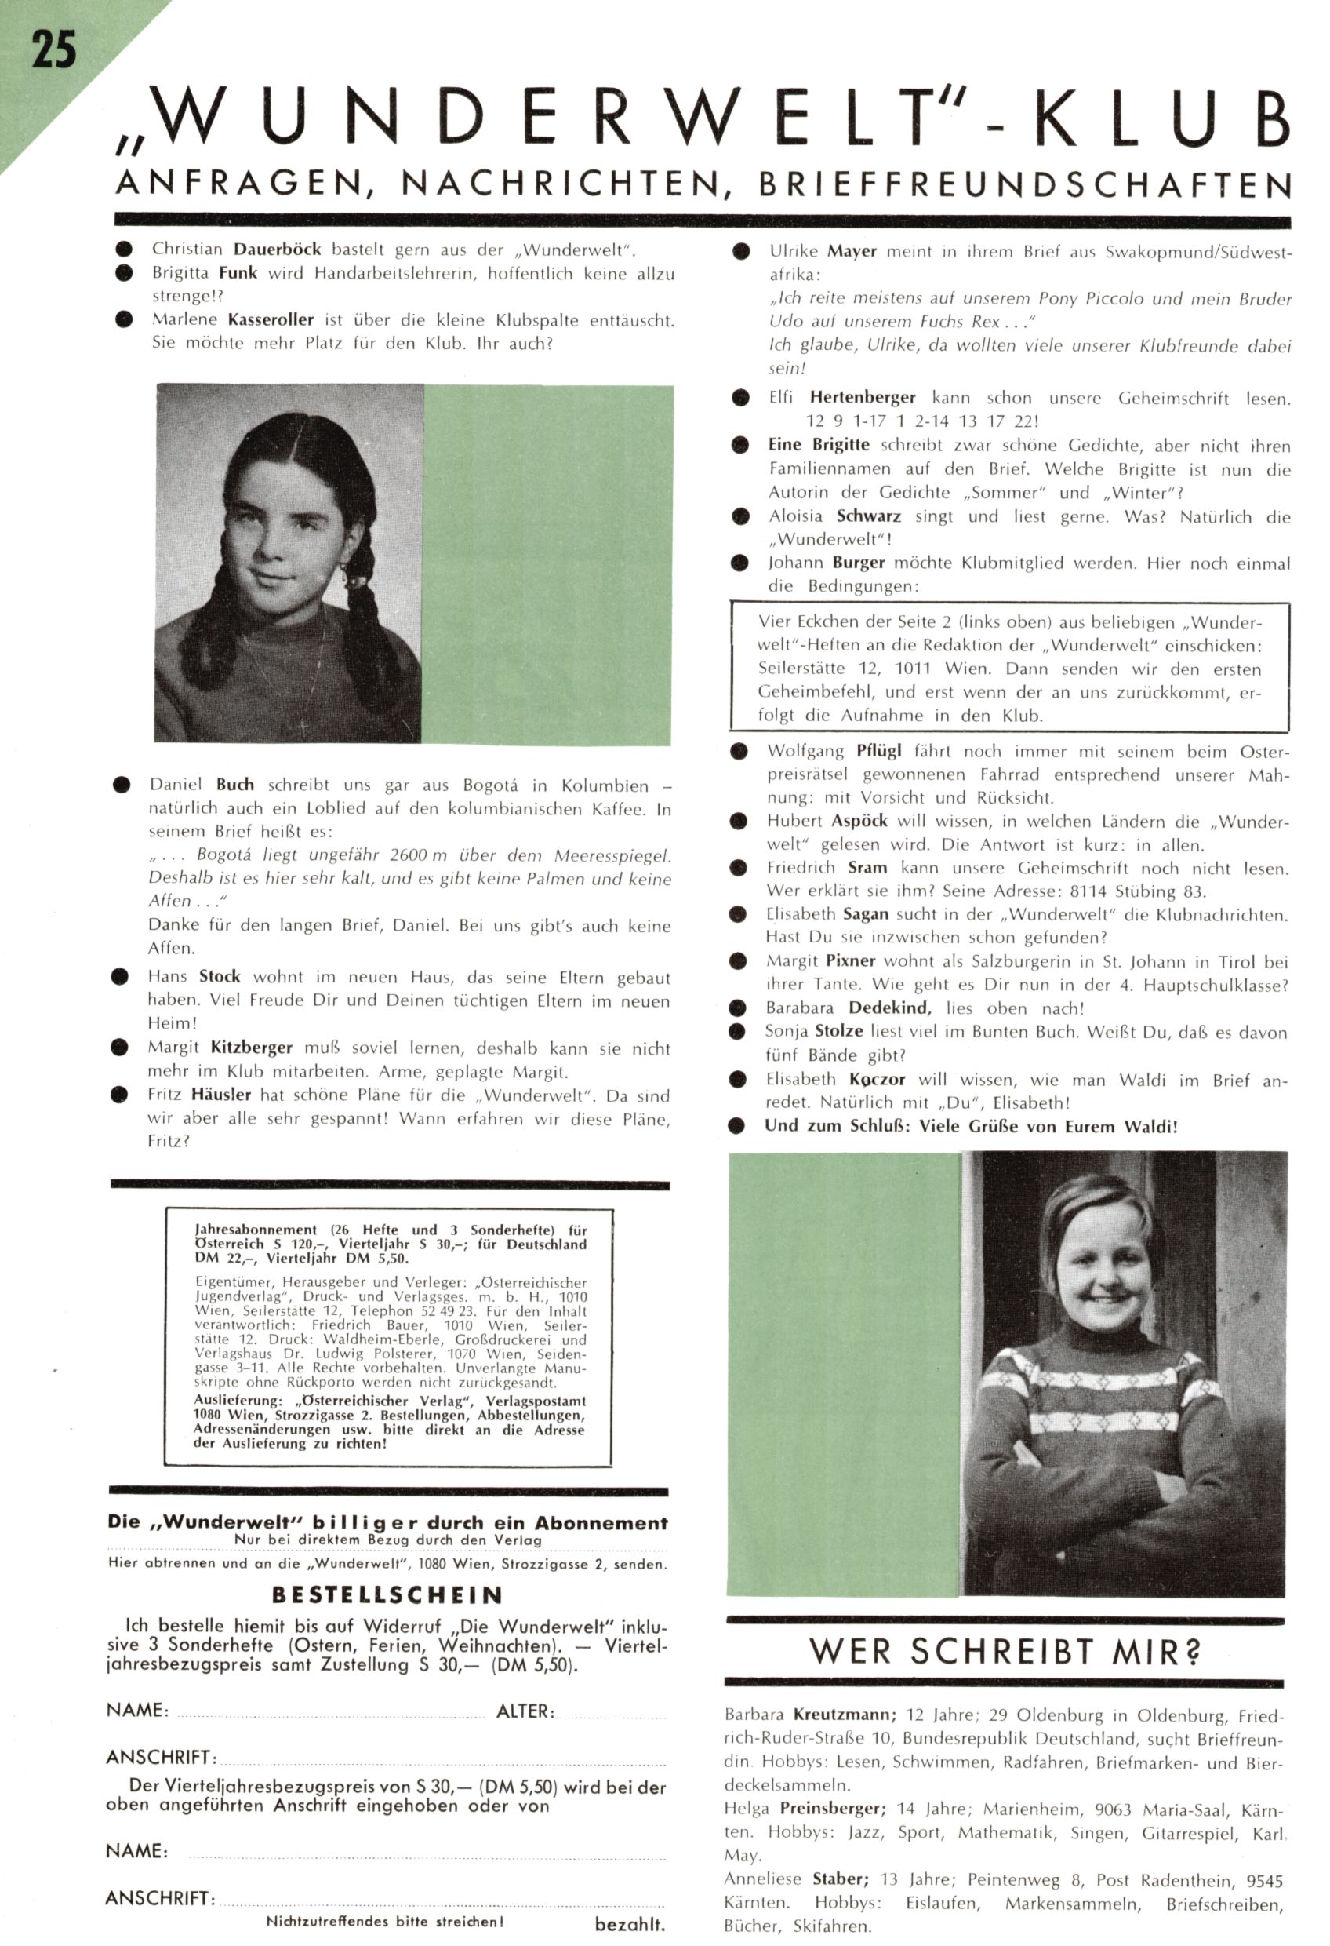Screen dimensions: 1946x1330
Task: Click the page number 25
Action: pos(53,51)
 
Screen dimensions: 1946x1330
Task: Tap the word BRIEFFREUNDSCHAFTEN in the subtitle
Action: pos(1024,185)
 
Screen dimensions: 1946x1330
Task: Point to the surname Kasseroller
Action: pos(271,320)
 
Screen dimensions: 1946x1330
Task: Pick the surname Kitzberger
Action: pos(251,1048)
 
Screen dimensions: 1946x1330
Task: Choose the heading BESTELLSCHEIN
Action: pos(387,1595)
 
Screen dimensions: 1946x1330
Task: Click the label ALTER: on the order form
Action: pos(525,1711)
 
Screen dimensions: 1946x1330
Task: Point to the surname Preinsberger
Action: pos(832,1808)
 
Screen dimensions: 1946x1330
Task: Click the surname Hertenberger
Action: pos(862,398)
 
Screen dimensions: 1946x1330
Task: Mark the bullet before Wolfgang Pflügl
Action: pos(738,752)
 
